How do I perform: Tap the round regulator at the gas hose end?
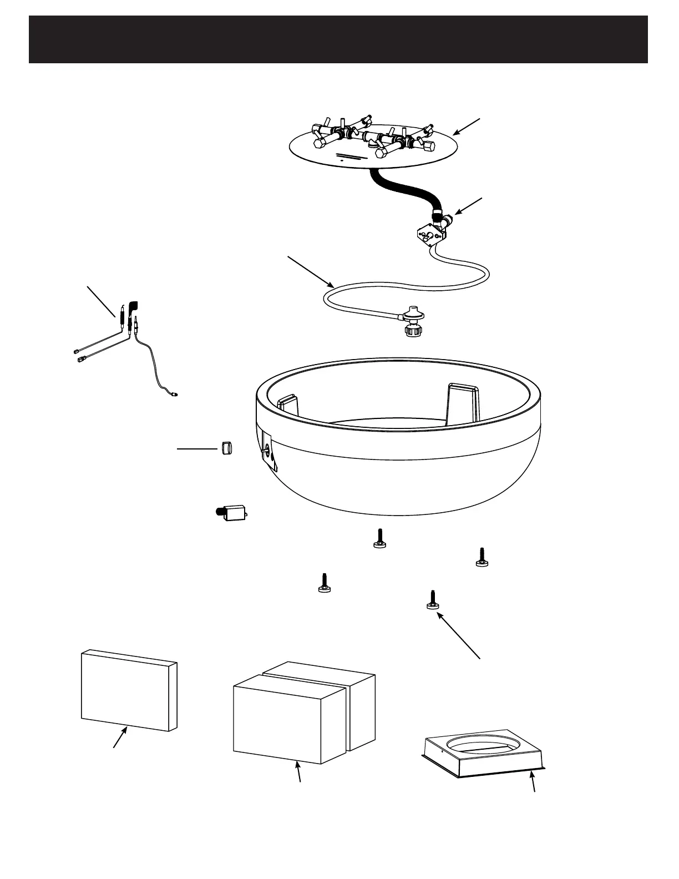(412, 315)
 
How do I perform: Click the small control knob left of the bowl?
(225, 447)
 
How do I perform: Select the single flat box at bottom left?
(129, 691)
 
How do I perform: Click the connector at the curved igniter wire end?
(175, 395)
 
